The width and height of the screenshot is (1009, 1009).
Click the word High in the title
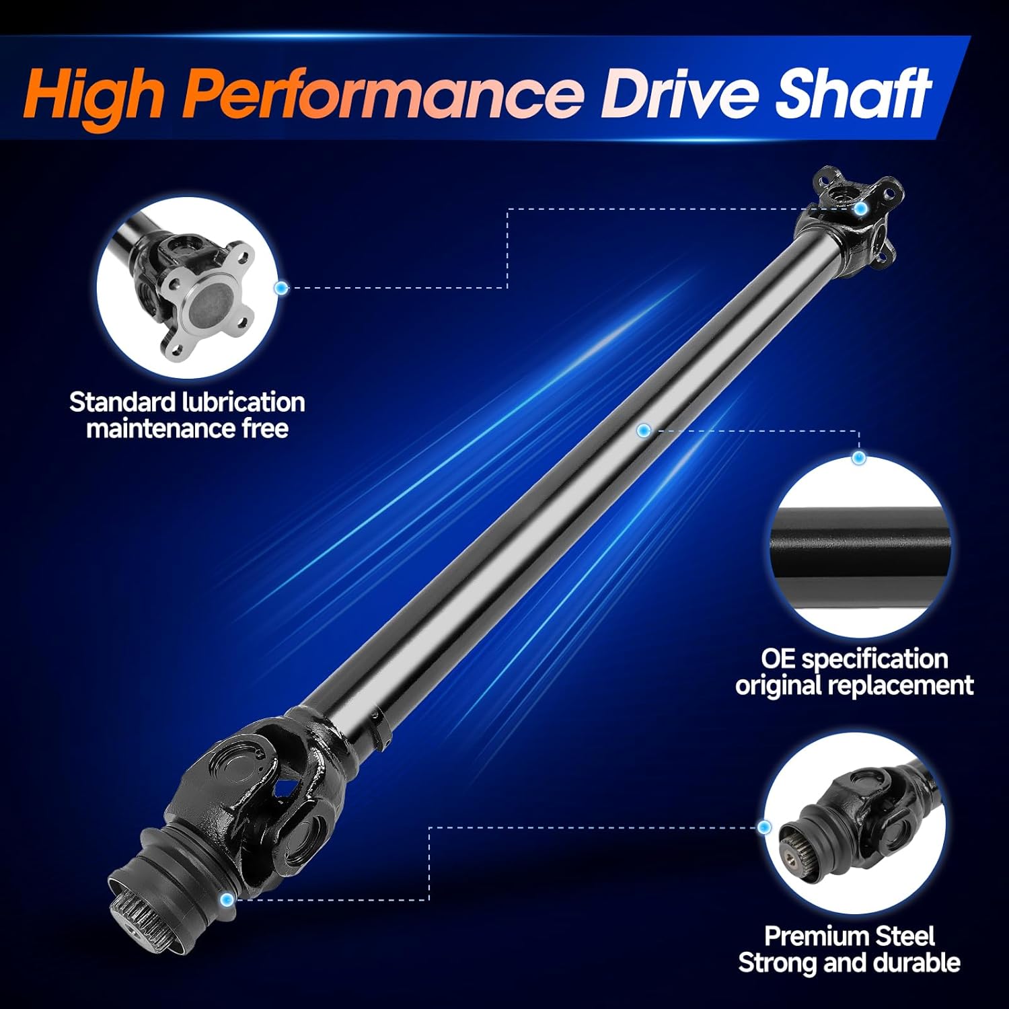(94, 96)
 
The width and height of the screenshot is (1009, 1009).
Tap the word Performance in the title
(383, 96)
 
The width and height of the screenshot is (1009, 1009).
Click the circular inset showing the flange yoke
(188, 288)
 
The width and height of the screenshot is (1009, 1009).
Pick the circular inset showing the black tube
(860, 548)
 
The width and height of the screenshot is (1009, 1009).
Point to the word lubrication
(244, 402)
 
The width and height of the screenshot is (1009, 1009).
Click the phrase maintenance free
(187, 428)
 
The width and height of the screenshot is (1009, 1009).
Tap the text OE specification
(854, 659)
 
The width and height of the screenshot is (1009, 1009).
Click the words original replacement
(854, 685)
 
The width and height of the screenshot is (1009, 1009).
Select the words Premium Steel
(850, 936)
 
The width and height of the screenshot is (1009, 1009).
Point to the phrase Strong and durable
(849, 963)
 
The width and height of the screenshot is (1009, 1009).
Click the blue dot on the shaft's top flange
(860, 209)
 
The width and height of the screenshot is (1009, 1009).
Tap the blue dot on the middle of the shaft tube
(644, 430)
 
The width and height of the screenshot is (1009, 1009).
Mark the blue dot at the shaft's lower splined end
(227, 899)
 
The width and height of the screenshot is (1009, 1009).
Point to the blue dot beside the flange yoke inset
(281, 288)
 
